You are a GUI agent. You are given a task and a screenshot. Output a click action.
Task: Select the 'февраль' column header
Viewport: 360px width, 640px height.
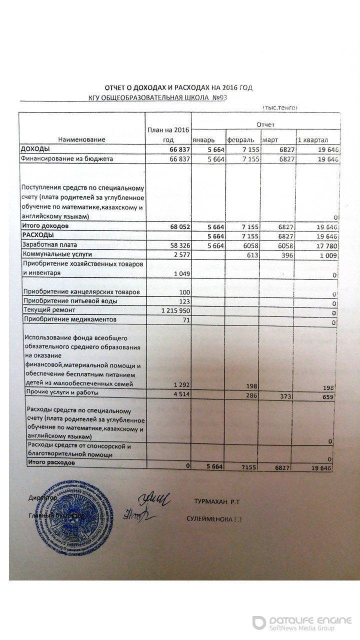pyautogui.click(x=240, y=139)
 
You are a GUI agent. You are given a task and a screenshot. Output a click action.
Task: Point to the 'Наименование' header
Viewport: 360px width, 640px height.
pyautogui.click(x=81, y=139)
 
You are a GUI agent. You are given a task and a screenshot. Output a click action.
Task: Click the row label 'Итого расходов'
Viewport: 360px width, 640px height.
pyautogui.click(x=52, y=463)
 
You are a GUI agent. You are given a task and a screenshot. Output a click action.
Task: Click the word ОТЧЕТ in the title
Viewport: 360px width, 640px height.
pyautogui.click(x=115, y=87)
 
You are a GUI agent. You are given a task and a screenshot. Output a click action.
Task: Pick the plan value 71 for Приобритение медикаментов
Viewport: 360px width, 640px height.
pyautogui.click(x=185, y=319)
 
